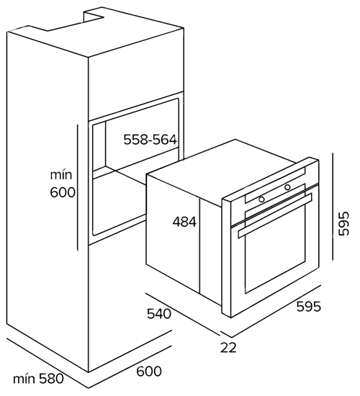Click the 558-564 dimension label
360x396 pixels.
point(150,140)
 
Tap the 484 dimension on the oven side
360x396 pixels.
point(184,222)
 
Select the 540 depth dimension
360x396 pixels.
point(159,314)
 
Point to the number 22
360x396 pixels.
point(228,348)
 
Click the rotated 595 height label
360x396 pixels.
point(344,224)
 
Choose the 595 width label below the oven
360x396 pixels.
point(308,307)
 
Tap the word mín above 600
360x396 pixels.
point(61,174)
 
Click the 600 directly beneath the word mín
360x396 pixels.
point(63,192)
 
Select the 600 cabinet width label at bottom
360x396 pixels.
point(149,372)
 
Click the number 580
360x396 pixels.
point(51,379)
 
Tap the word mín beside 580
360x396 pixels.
point(24,379)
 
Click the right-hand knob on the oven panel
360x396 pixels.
point(287,187)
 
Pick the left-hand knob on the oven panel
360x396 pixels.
point(261,199)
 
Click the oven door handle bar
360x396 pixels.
point(275,215)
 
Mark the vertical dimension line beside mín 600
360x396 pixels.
point(78,187)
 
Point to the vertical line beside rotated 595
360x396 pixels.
point(333,206)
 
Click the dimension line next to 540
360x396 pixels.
point(183,315)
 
